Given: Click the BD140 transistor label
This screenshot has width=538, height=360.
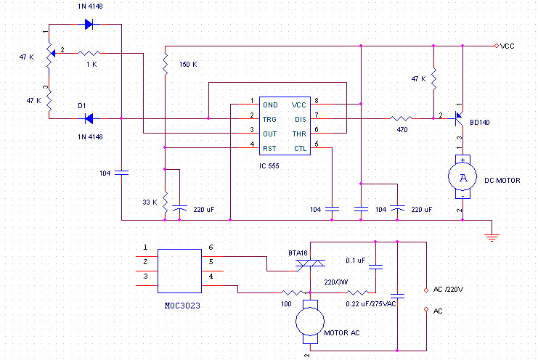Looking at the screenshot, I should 480,123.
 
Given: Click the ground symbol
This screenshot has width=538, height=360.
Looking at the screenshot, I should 493,234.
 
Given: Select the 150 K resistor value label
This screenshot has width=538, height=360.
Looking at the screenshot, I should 188,65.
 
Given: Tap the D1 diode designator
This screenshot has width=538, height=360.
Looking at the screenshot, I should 83,105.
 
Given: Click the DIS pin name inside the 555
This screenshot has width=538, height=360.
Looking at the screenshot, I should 300,118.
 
